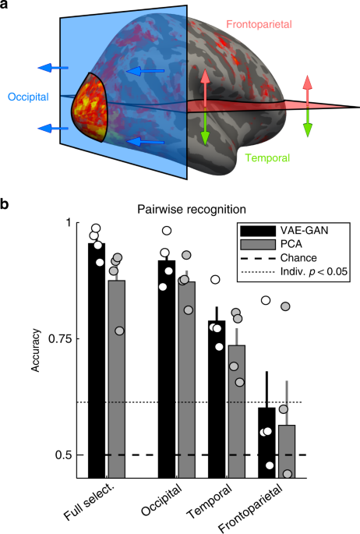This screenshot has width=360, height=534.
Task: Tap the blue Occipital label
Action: click(x=28, y=97)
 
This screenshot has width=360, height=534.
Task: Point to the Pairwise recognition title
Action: click(x=175, y=210)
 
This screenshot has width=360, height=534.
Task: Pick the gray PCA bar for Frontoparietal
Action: click(x=287, y=452)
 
